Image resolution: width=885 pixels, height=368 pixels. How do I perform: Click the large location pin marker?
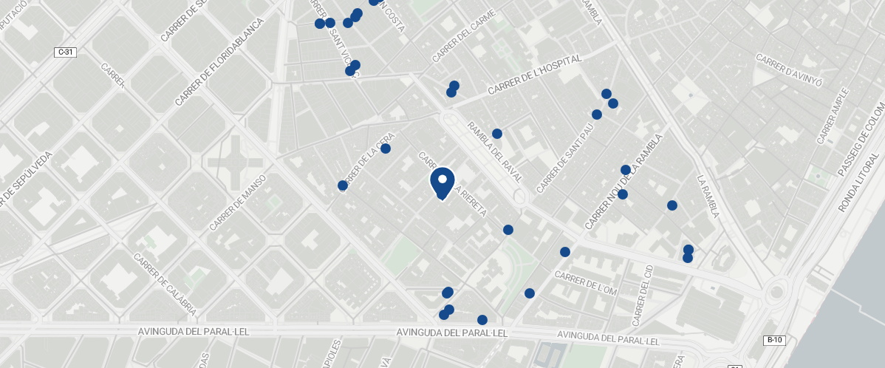pos(442,183)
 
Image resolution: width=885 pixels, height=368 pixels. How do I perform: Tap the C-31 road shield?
pos(66,52)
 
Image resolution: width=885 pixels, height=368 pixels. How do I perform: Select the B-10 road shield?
pos(774,340)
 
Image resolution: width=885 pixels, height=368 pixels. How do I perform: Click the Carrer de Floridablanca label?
pos(219,62)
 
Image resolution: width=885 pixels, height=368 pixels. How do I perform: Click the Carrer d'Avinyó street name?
pos(789,70)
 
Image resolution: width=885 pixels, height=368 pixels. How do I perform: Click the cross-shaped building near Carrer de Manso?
pos(233,163)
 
